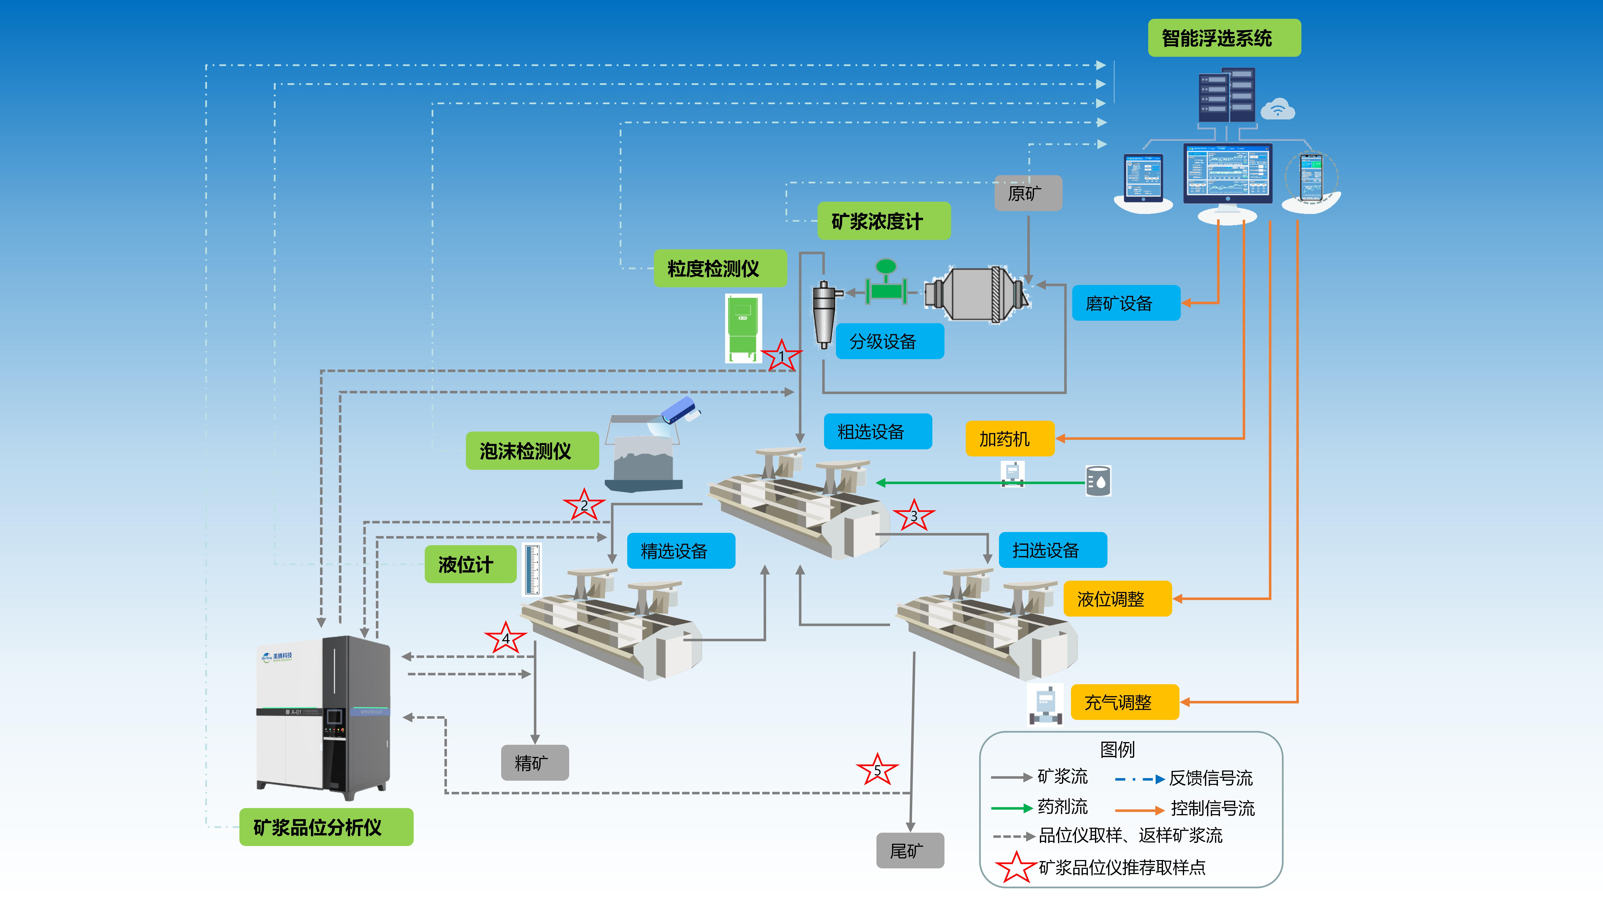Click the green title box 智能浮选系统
coord(1223,38)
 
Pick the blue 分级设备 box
coord(889,341)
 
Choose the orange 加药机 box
coord(1009,439)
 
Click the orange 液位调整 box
coord(1117,599)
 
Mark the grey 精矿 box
coord(535,763)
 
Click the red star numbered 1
coord(782,356)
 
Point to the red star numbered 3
coord(914,516)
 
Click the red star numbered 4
coord(505,638)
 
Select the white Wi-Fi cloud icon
coord(1278,110)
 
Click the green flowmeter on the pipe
coord(886,283)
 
